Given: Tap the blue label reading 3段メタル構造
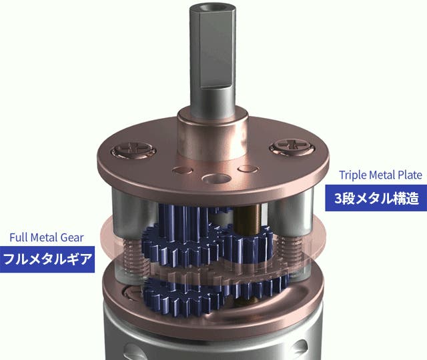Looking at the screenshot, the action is click(x=376, y=198).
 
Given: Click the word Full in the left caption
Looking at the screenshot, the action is click(x=19, y=237).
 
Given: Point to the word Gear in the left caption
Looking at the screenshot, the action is click(x=71, y=237).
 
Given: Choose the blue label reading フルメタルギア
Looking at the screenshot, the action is click(x=47, y=259).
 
